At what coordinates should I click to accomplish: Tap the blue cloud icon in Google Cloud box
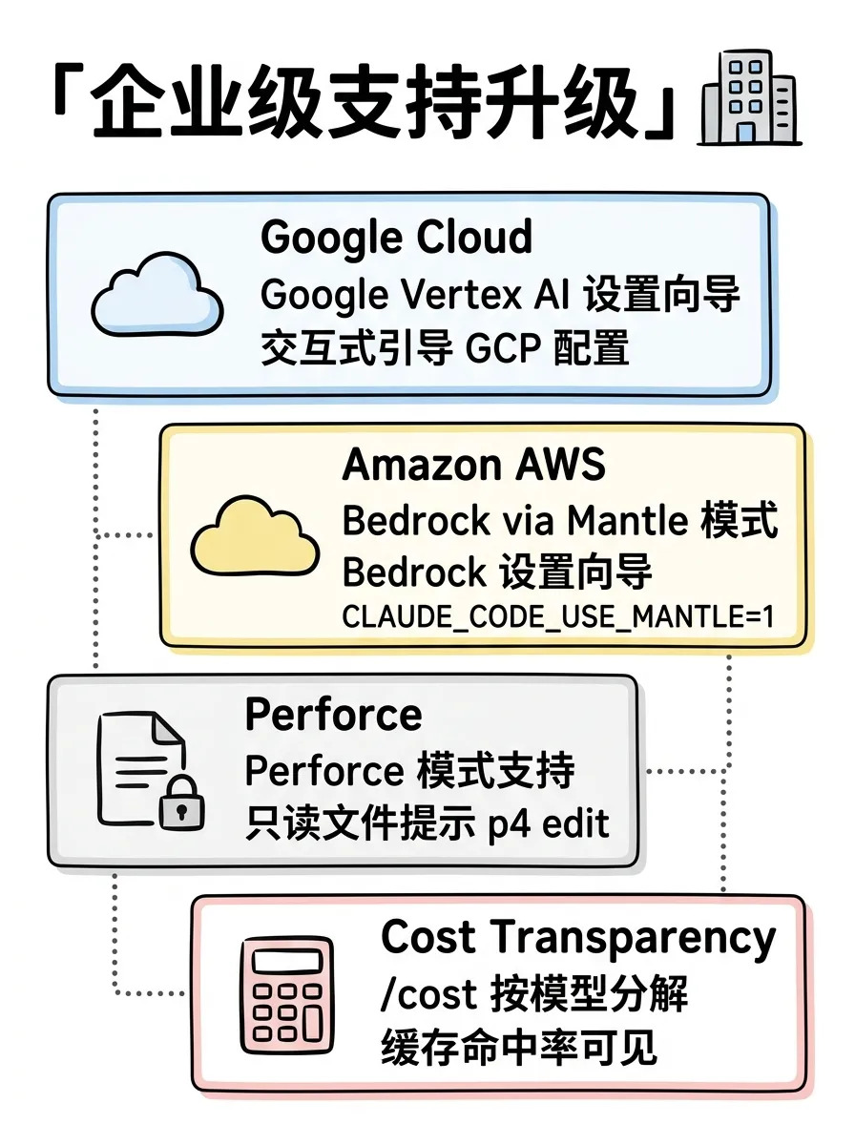[156, 294]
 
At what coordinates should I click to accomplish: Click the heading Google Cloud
[396, 237]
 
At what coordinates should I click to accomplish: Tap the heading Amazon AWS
[473, 465]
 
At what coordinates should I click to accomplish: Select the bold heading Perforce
[333, 714]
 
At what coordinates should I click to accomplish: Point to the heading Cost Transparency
[578, 937]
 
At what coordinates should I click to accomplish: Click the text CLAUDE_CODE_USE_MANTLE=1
[557, 617]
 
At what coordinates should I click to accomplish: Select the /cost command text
[428, 994]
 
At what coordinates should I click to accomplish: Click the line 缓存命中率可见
[519, 1048]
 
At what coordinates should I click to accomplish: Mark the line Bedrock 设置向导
[497, 573]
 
